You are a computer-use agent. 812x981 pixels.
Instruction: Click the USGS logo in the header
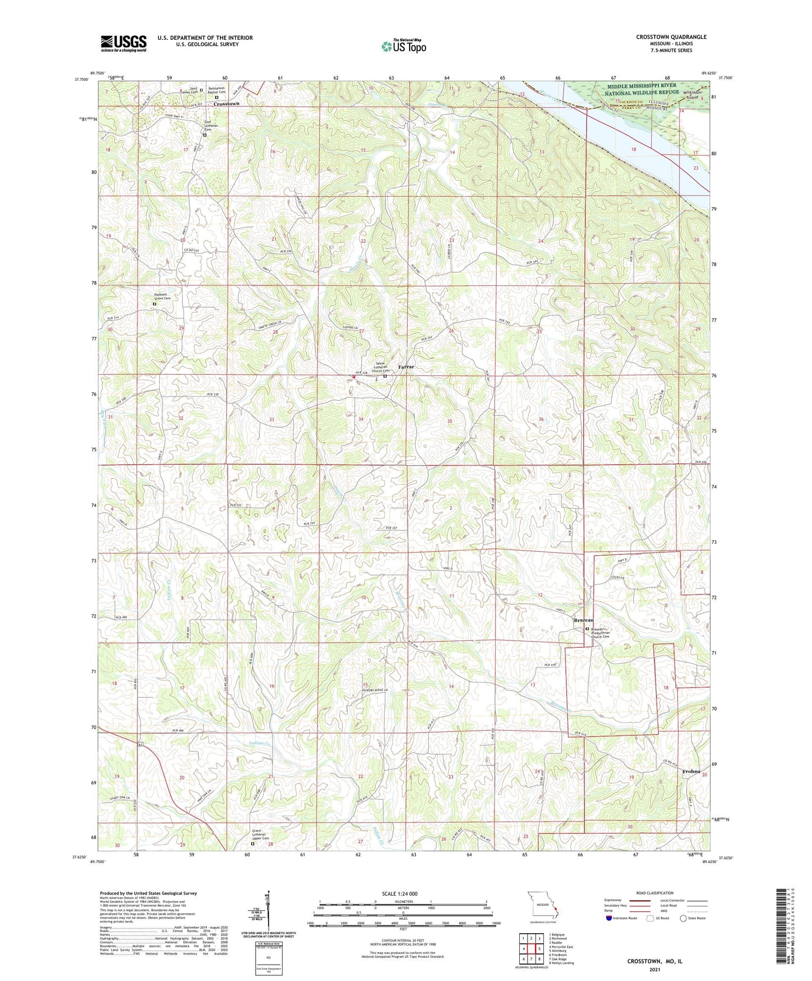click(x=124, y=43)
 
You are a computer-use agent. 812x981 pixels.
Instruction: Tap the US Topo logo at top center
click(x=403, y=46)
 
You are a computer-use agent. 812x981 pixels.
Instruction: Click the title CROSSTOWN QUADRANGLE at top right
click(x=671, y=37)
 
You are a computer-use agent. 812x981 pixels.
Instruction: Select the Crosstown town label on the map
click(x=227, y=104)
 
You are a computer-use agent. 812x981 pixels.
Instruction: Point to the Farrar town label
click(x=406, y=367)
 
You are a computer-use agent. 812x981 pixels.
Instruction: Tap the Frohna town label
click(x=691, y=771)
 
